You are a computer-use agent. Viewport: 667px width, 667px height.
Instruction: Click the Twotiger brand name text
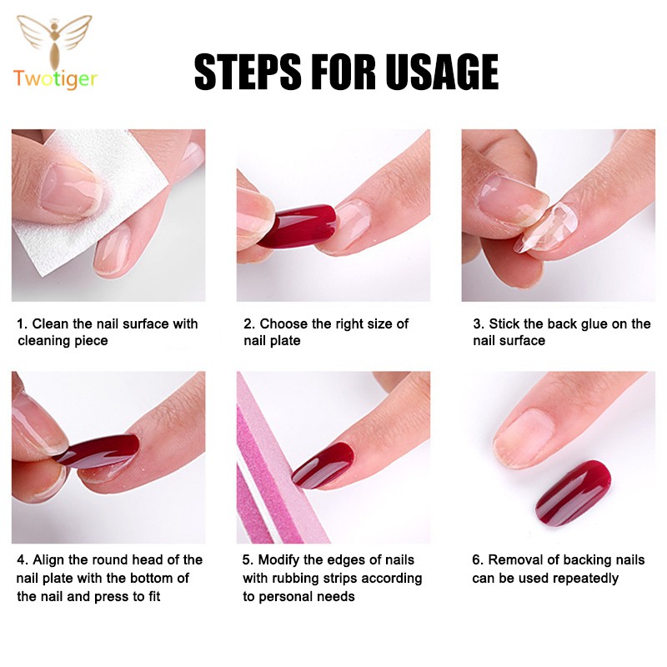point(55,79)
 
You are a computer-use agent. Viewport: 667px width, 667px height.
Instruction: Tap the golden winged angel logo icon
point(54,41)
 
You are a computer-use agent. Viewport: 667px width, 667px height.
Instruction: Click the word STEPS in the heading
point(248,72)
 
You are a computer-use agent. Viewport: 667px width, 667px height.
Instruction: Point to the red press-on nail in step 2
point(297,226)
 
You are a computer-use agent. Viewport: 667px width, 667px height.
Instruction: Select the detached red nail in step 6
point(573,493)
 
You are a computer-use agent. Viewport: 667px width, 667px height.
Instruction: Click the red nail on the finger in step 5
point(323,465)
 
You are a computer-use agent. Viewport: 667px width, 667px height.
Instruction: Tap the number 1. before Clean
point(23,323)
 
